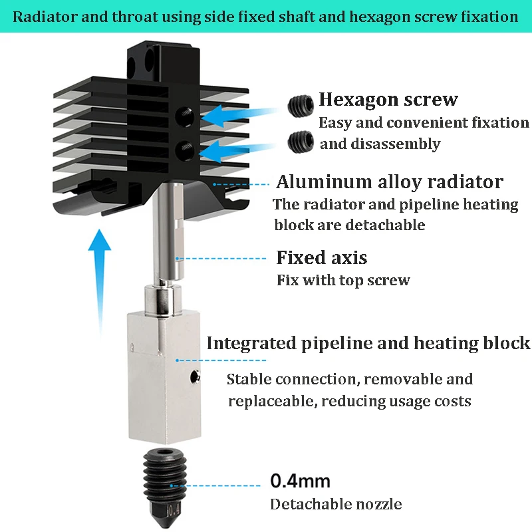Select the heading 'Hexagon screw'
pyautogui.click(x=388, y=100)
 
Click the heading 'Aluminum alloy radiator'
pyautogui.click(x=390, y=182)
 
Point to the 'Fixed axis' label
pyautogui.click(x=321, y=257)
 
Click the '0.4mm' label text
pyautogui.click(x=300, y=480)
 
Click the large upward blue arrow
pyautogui.click(x=99, y=279)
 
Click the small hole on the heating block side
pyautogui.click(x=194, y=378)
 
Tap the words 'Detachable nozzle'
pyautogui.click(x=336, y=504)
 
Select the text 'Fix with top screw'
pyautogui.click(x=343, y=280)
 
